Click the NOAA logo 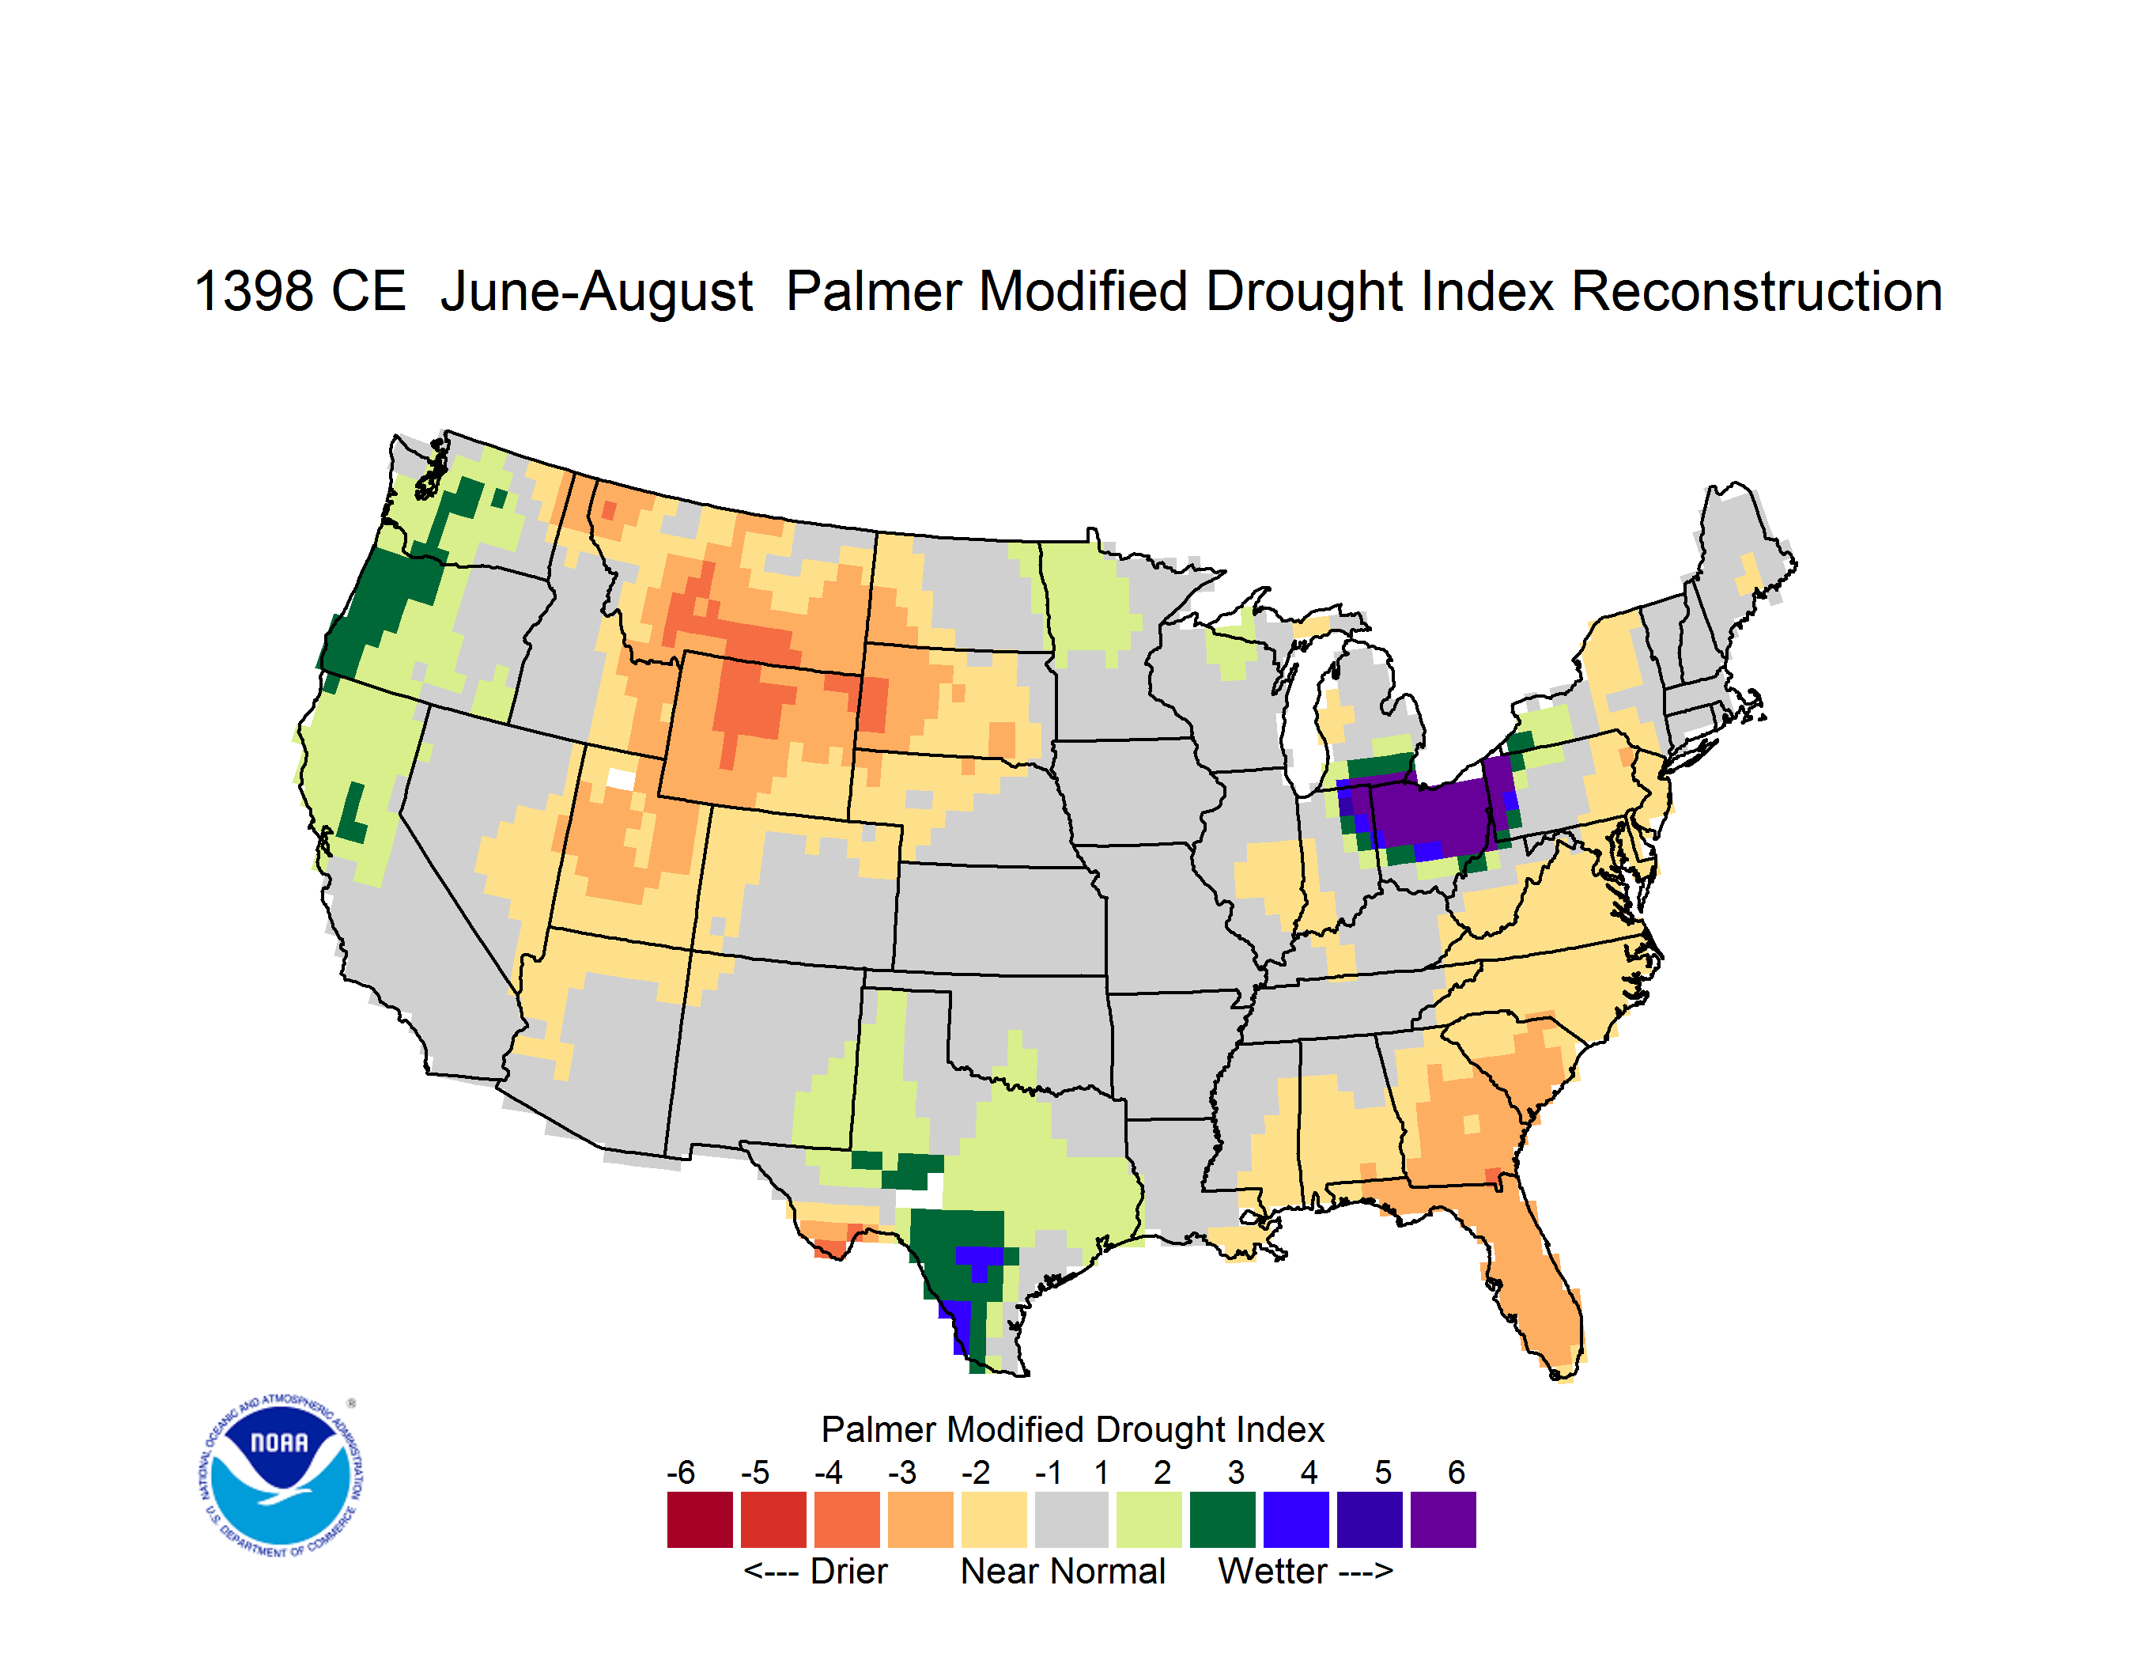click(x=281, y=1476)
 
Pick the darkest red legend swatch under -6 click(x=700, y=1519)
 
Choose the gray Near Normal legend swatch click(x=1071, y=1519)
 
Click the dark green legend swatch click(x=1222, y=1519)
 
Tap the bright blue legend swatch click(x=1296, y=1519)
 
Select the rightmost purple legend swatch click(x=1443, y=1519)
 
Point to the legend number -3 click(x=901, y=1472)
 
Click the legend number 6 click(x=1457, y=1472)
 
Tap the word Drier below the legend click(x=848, y=1571)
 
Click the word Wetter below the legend click(x=1273, y=1571)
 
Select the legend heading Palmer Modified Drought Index click(x=1072, y=1429)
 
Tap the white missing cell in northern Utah click(x=621, y=778)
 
